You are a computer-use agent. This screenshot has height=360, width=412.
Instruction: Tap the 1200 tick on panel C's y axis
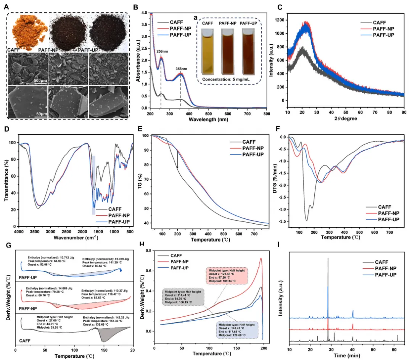coord(282,19)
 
